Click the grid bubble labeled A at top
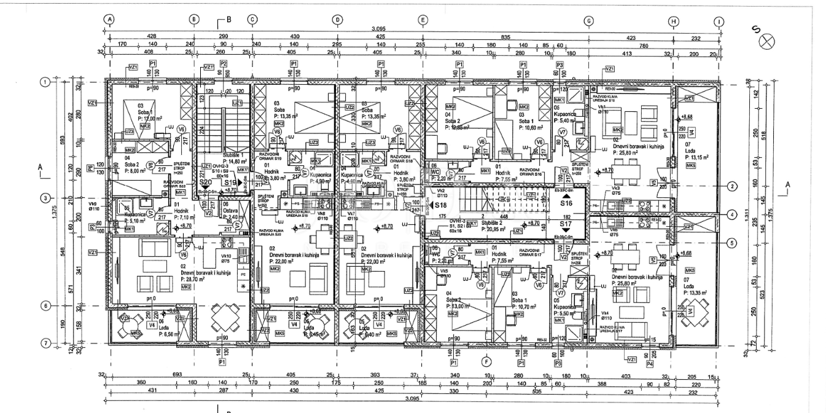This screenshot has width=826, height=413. coord(109,20)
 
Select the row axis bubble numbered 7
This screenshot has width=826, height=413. coord(45,343)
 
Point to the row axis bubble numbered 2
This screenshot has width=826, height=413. coord(732,186)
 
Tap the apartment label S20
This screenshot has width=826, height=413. coord(206,182)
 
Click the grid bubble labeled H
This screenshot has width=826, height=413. coord(674,20)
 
